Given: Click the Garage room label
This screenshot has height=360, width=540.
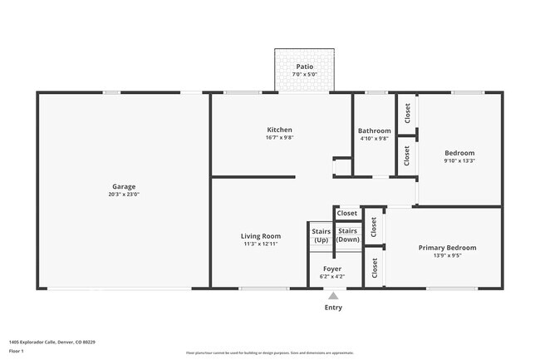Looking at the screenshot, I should click(124, 186).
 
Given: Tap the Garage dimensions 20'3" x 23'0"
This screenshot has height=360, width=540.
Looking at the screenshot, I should click(124, 195).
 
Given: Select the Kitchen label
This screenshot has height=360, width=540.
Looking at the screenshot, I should click(279, 130).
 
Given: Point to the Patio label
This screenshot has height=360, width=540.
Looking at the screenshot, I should click(304, 66).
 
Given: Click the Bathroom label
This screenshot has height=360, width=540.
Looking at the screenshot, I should click(374, 131).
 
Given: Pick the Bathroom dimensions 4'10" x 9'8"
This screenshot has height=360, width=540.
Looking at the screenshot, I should click(374, 139).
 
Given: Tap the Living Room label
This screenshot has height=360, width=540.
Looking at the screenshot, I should click(260, 236).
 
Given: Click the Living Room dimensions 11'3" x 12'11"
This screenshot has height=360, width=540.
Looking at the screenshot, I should click(260, 244).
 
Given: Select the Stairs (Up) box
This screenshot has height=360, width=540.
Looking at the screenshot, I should click(321, 235).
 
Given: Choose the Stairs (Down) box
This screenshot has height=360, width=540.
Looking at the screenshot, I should click(348, 235).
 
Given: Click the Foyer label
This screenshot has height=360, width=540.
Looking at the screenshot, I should click(332, 269).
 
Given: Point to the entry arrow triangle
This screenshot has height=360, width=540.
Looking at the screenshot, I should click(333, 295).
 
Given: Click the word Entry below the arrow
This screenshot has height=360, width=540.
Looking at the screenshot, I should click(333, 308).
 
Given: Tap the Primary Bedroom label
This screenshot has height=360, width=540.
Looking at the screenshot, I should click(447, 248).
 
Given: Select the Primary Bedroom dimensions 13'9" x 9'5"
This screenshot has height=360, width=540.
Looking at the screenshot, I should click(447, 256).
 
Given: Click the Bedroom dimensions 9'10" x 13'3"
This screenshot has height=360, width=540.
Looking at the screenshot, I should click(459, 161).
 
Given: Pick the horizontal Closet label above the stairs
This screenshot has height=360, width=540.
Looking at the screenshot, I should click(347, 214).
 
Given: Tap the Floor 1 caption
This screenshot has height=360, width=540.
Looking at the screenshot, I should click(17, 352).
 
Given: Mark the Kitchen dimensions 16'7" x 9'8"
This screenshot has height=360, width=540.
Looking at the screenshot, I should click(279, 138).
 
